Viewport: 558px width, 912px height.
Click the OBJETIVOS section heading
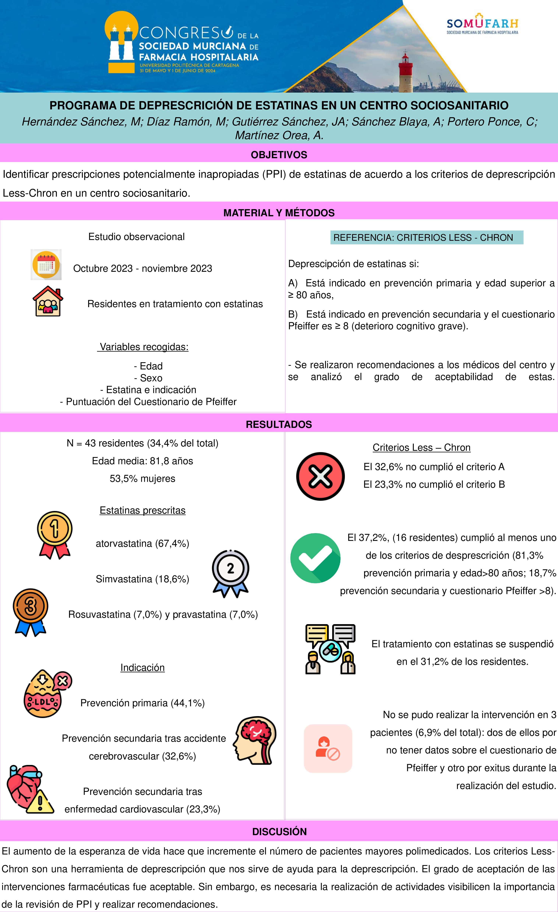click(x=279, y=155)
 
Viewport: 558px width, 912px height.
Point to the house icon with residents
click(x=48, y=301)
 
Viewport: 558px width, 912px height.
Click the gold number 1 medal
click(x=55, y=534)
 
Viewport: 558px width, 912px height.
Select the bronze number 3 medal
click(x=30, y=612)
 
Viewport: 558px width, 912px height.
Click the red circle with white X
click(x=320, y=476)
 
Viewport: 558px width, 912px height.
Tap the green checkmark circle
click(x=315, y=558)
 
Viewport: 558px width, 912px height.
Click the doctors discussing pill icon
click(x=330, y=649)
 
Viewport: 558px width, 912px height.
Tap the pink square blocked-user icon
click(x=328, y=748)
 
